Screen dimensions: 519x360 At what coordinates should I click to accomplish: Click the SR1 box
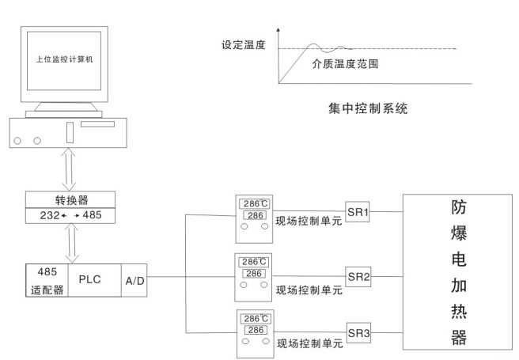pyautogui.click(x=358, y=211)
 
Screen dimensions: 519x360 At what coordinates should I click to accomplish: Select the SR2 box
pyautogui.click(x=359, y=276)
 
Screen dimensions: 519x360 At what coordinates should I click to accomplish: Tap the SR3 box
pyautogui.click(x=359, y=332)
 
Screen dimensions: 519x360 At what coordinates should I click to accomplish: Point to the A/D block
pyautogui.click(x=134, y=280)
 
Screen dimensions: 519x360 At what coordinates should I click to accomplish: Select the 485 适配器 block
pyautogui.click(x=47, y=280)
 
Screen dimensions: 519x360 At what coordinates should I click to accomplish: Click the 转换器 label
pyautogui.click(x=71, y=200)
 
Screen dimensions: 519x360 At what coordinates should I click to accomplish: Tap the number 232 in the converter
pyautogui.click(x=50, y=215)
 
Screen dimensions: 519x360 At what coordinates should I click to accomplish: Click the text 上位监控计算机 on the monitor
pyautogui.click(x=64, y=59)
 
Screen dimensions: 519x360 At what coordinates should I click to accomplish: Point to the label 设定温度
pyautogui.click(x=244, y=44)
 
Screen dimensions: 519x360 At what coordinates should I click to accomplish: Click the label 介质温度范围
pyautogui.click(x=345, y=63)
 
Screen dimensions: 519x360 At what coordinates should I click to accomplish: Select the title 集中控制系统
pyautogui.click(x=368, y=108)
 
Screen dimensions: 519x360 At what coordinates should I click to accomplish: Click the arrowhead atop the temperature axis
pyautogui.click(x=278, y=30)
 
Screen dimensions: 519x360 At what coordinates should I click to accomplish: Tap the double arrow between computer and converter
pyautogui.click(x=69, y=169)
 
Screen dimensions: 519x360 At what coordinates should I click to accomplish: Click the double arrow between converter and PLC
pyautogui.click(x=72, y=243)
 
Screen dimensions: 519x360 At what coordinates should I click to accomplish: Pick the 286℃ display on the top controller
pyautogui.click(x=256, y=203)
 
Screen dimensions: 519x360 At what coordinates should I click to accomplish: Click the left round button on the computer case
pyautogui.click(x=17, y=141)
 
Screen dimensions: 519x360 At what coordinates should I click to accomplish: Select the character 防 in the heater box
pyautogui.click(x=459, y=207)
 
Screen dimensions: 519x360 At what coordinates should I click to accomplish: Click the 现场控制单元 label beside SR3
pyautogui.click(x=310, y=343)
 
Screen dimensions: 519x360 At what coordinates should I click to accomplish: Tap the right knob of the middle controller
pyautogui.click(x=263, y=285)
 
